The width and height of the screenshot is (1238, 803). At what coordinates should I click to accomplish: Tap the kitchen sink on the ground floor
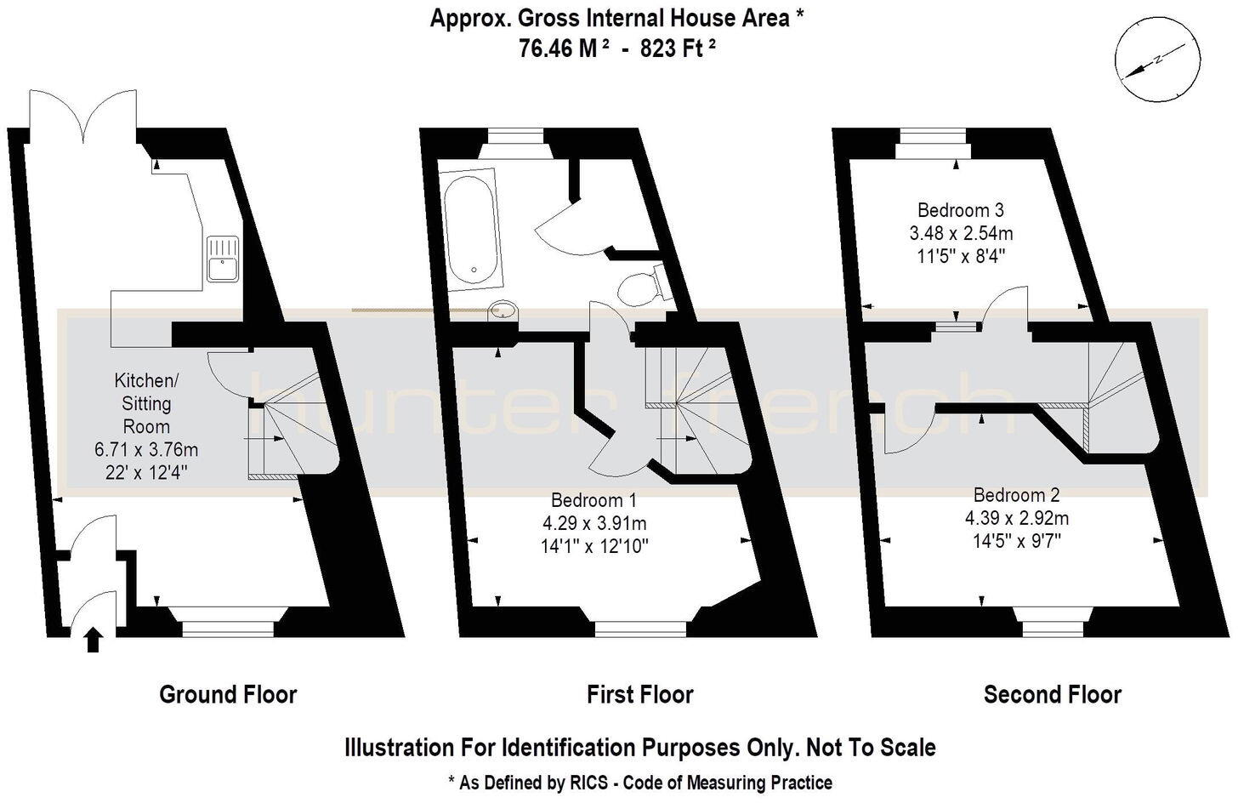[x=224, y=259]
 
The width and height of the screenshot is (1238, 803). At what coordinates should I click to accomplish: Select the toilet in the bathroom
[x=639, y=288]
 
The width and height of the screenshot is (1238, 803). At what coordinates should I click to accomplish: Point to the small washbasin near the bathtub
[x=503, y=311]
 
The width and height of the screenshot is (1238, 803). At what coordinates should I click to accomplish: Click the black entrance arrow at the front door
[x=94, y=639]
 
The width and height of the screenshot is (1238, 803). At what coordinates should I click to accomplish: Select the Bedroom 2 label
[x=1017, y=495]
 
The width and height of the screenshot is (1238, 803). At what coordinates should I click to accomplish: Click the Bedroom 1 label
[x=593, y=500]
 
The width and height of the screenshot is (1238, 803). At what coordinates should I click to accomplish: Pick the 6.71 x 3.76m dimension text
[x=146, y=449]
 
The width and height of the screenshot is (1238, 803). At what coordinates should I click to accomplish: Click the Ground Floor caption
[x=228, y=695]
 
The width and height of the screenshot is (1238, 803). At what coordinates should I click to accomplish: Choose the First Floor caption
[x=639, y=695]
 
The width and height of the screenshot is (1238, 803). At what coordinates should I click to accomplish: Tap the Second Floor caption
[x=1052, y=695]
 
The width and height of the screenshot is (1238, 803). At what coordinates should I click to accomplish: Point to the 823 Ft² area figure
[x=678, y=48]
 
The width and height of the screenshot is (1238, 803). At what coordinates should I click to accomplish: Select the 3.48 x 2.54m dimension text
[x=962, y=233]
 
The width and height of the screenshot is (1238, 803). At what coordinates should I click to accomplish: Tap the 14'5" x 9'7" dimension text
[x=1017, y=539]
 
